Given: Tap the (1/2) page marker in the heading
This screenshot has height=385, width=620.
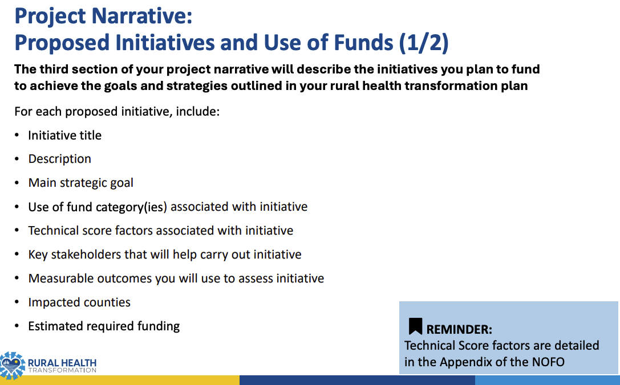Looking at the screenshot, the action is pos(424,42).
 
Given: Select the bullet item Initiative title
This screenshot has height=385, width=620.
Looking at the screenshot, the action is pos(65,136).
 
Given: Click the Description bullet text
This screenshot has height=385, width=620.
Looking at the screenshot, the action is pos(60,159).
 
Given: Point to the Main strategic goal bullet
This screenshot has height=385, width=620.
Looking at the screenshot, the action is pos(80,183).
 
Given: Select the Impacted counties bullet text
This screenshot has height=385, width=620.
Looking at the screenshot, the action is pos(79,302).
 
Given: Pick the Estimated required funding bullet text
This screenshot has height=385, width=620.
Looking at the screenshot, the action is pos(104,326).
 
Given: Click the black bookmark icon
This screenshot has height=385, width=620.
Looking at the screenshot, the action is pos(415,326).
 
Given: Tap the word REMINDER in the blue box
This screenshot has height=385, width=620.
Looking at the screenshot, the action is pos(459,329).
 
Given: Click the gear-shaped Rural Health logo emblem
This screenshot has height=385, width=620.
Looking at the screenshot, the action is pos(12,365).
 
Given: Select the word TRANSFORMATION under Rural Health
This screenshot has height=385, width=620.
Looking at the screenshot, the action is pos(62,370).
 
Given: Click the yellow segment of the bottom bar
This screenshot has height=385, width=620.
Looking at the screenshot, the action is pos(119,380).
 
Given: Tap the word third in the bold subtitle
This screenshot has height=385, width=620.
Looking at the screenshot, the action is pos(54,69).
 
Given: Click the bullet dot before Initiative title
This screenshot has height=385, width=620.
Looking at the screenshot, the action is pos(17,136).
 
